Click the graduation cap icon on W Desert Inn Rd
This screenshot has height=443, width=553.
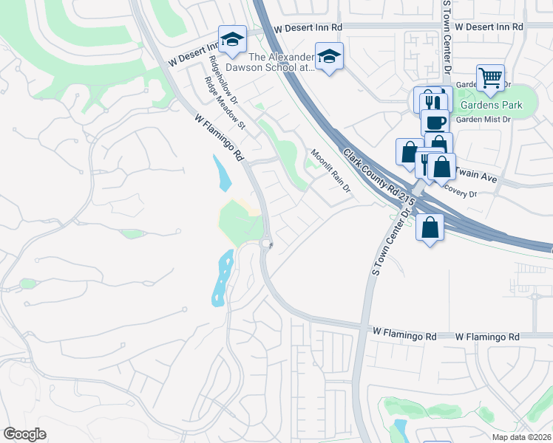[x=232, y=39]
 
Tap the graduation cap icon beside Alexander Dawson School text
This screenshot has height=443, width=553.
[x=329, y=55]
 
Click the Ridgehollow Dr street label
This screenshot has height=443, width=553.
[x=223, y=80]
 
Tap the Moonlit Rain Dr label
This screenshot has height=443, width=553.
[x=330, y=171]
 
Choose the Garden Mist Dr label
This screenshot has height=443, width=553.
[x=484, y=119]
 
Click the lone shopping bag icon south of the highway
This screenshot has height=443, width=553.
[x=430, y=227]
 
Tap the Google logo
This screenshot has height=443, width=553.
[x=25, y=434]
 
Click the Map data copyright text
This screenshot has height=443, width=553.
[x=521, y=437]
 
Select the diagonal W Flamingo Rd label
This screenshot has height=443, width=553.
[x=220, y=137]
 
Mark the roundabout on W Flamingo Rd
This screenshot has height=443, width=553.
[x=266, y=243]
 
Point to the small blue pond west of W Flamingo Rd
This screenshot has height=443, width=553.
[x=222, y=174]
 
